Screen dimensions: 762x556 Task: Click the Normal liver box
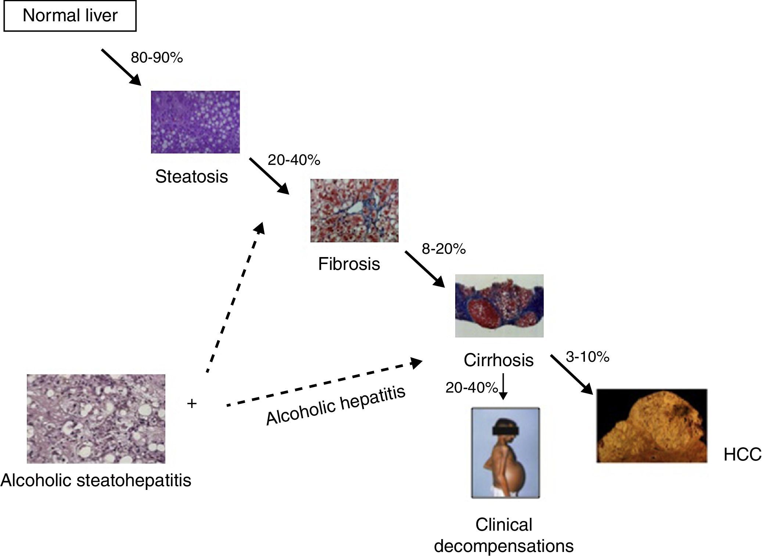click(x=70, y=16)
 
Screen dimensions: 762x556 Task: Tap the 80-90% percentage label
click(x=157, y=58)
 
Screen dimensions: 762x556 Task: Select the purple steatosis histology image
click(x=195, y=122)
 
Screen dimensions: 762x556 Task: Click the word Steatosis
click(x=191, y=176)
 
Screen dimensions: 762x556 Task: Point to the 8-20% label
click(x=443, y=249)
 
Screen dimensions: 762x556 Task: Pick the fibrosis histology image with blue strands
click(x=354, y=210)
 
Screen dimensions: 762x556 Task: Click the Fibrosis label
click(x=349, y=264)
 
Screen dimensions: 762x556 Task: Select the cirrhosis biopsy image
click(x=499, y=306)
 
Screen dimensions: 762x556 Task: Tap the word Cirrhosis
click(x=498, y=360)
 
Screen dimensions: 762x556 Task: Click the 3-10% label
click(x=587, y=357)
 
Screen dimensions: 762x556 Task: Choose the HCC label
click(x=742, y=455)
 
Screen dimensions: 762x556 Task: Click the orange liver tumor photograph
click(x=651, y=425)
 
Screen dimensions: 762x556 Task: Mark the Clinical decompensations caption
click(x=504, y=535)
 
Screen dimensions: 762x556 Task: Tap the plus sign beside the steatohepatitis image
click(x=192, y=404)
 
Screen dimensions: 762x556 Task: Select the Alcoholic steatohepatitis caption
click(x=96, y=480)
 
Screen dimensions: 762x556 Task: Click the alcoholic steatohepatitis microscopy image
click(x=96, y=419)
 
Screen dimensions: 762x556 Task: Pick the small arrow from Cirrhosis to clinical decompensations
click(x=503, y=387)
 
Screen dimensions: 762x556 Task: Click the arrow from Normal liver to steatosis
click(x=121, y=67)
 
